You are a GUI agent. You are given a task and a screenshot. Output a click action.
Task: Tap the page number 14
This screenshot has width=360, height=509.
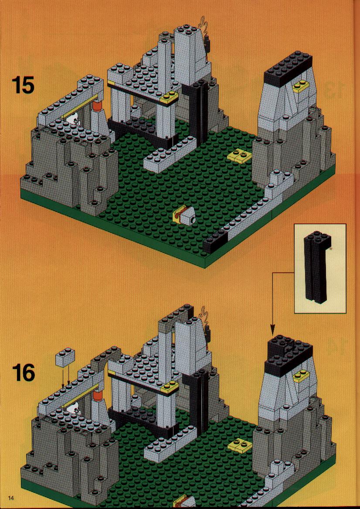pos(11,498)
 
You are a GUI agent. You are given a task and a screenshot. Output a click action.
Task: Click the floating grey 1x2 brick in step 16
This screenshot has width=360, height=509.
pos(65,357)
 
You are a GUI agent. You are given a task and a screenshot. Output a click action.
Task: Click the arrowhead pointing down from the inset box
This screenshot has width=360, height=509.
pos(272,331)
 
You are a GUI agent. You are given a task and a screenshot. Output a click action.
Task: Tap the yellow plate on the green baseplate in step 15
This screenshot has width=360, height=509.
pos(238,157)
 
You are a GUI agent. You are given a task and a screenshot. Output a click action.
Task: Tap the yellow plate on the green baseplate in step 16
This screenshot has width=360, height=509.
pos(239,445)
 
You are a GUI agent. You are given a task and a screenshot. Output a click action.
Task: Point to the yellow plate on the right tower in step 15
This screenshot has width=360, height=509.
pos(301,87)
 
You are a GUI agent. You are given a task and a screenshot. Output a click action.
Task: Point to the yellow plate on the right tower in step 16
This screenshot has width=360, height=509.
pos(301,376)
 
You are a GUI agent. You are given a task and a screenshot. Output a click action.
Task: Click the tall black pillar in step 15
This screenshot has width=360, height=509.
pos(199,113)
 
